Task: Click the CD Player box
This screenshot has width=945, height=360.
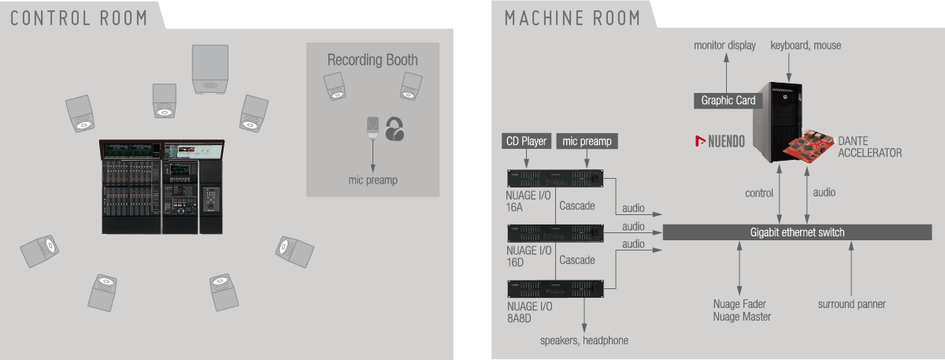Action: click(527, 142)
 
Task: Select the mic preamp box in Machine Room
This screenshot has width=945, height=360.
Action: click(587, 142)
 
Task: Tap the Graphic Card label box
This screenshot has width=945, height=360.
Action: click(728, 101)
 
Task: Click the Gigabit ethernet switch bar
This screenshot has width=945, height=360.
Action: click(797, 232)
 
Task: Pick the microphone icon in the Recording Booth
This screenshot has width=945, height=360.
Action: click(372, 129)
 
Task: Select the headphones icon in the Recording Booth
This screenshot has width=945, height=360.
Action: click(396, 129)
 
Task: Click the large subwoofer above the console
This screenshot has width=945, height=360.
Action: click(211, 70)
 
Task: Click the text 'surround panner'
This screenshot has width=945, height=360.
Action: click(851, 304)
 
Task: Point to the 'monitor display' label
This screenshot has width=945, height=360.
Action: click(724, 46)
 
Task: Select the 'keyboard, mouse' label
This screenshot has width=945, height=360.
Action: click(806, 46)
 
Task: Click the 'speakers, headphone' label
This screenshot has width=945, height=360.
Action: click(584, 340)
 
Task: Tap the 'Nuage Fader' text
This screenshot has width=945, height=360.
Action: click(739, 304)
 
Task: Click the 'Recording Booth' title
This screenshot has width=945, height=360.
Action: click(372, 60)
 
